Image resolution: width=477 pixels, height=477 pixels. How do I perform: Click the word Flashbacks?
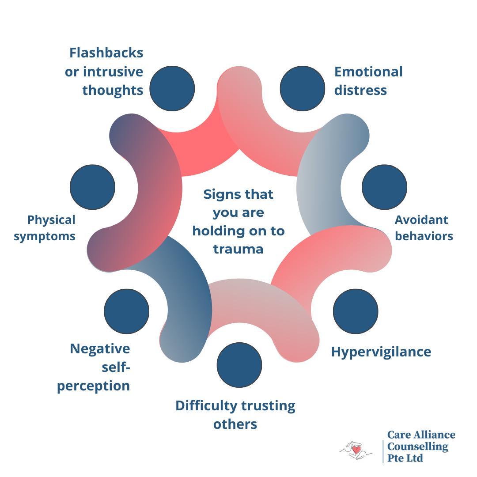106,53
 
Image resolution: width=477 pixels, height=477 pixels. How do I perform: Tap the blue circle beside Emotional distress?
303,88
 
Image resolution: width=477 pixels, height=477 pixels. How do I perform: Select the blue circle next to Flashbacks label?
172,88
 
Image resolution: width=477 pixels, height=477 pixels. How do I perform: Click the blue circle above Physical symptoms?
93,187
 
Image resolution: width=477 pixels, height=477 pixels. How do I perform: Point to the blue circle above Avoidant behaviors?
384,187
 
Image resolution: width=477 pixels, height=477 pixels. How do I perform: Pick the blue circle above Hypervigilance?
356,311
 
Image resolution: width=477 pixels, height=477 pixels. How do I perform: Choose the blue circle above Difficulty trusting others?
239,365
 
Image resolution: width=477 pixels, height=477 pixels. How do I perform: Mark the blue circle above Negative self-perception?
127,311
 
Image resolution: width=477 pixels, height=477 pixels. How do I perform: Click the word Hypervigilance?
381,352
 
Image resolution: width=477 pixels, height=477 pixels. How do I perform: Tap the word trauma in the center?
238,249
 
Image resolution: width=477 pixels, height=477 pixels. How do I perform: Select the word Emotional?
368,72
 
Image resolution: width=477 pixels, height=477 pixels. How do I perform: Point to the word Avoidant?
421,220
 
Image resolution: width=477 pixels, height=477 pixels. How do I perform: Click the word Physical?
51,220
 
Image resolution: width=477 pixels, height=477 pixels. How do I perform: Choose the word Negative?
100,348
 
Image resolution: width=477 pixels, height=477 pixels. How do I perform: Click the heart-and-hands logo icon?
356,450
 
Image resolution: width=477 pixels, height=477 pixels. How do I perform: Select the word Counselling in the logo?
417,447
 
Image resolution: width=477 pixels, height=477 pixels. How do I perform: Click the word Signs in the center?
220,194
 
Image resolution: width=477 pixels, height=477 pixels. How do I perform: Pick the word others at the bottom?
235,424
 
